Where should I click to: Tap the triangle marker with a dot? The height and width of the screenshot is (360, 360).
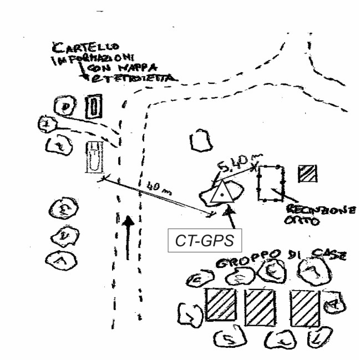click(x=222, y=192)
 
